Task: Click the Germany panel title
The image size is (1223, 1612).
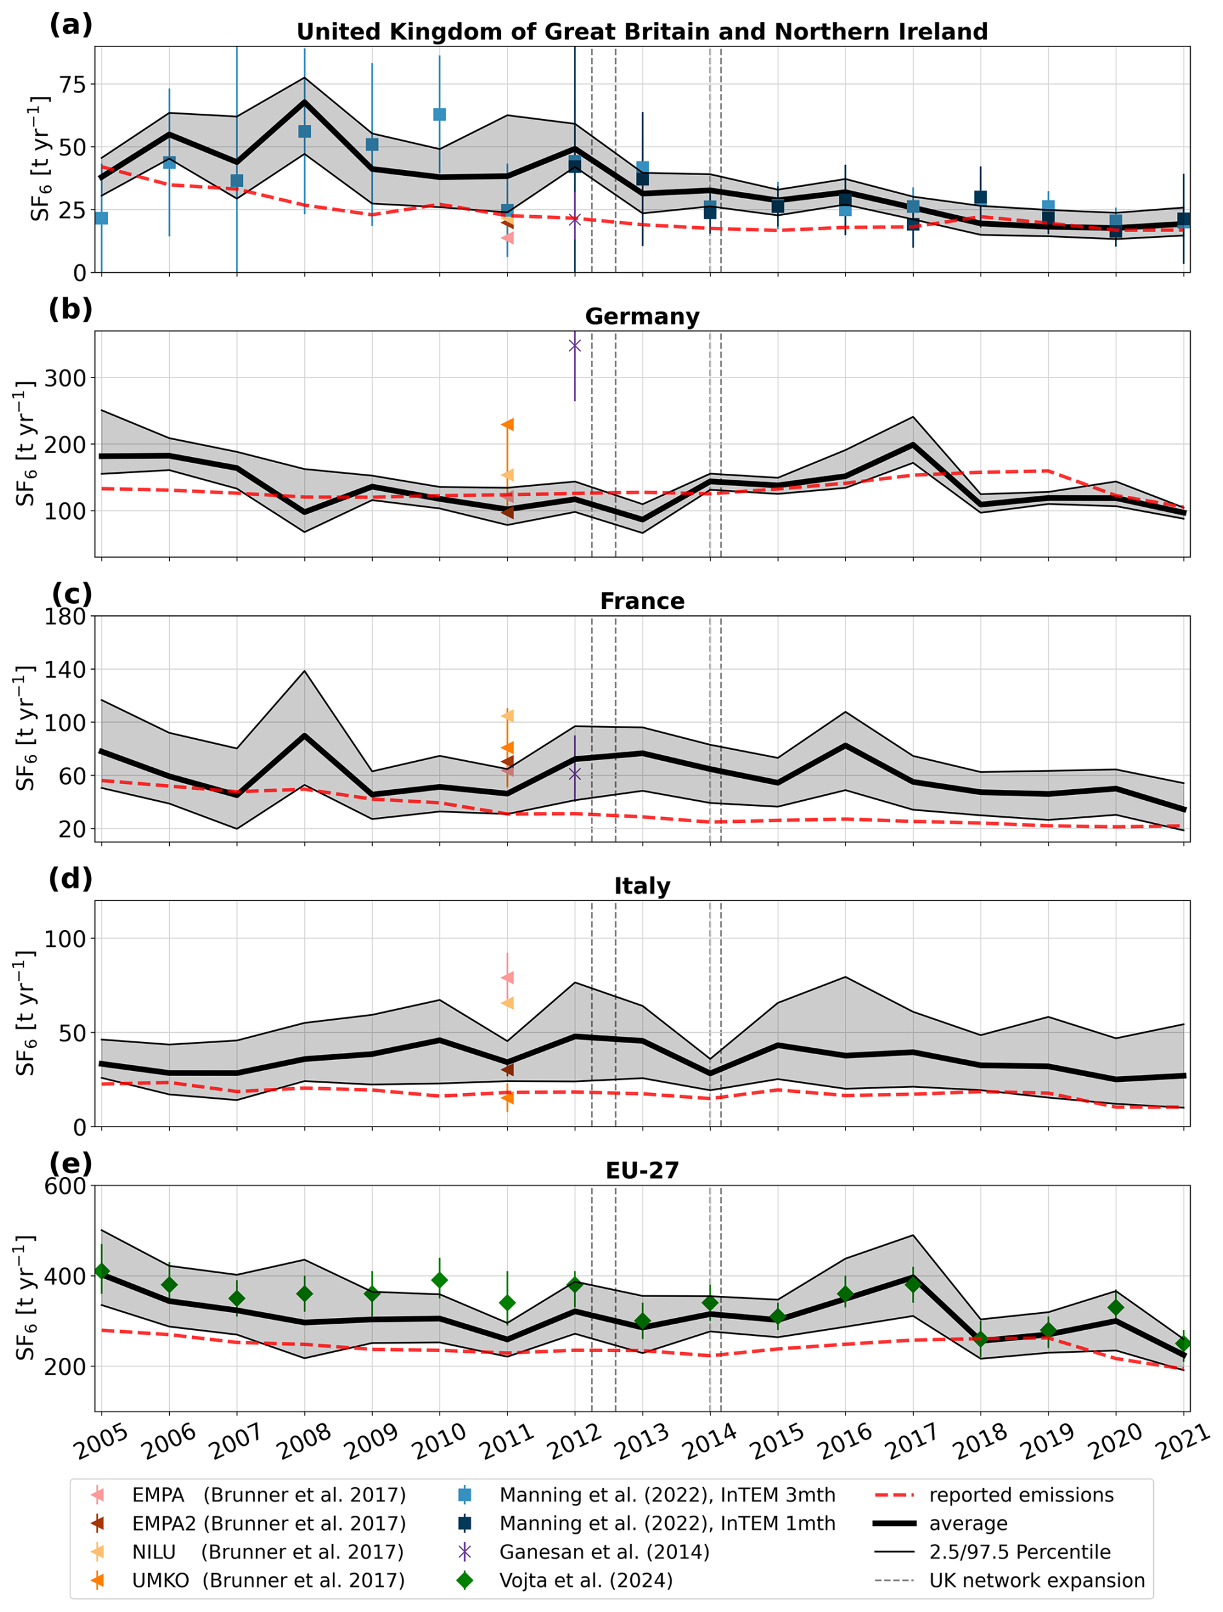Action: tap(641, 316)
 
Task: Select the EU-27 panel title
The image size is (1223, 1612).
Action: tap(641, 1170)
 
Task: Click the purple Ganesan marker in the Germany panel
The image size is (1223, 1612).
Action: tap(574, 345)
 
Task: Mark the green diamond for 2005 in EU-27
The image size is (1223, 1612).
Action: tap(101, 1271)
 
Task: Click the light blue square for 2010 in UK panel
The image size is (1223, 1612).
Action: tap(440, 114)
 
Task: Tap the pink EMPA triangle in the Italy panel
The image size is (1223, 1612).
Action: tap(507, 977)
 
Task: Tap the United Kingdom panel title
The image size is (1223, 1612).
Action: tap(641, 32)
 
